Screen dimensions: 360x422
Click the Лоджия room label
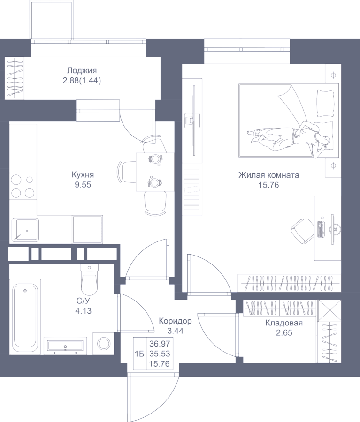pos(82,71)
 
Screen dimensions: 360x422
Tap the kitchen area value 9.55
pos(83,185)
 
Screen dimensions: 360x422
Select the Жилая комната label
pos(268,175)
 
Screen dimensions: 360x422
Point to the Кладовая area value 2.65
pos(284,333)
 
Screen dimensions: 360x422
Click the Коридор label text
pos(175,321)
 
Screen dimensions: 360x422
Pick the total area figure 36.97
pos(160,344)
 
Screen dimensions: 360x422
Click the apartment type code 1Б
pos(139,354)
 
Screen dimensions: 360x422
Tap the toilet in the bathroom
pos(89,279)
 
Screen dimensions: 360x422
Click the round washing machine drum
pos(104,344)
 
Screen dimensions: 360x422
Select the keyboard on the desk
pos(321,229)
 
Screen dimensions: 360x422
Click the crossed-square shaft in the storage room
pos(329,310)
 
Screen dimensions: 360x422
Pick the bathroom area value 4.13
pos(83,311)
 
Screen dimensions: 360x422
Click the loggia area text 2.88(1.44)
pos(82,81)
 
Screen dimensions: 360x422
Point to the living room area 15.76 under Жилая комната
pos(268,185)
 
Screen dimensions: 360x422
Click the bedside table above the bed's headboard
pos(333,73)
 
